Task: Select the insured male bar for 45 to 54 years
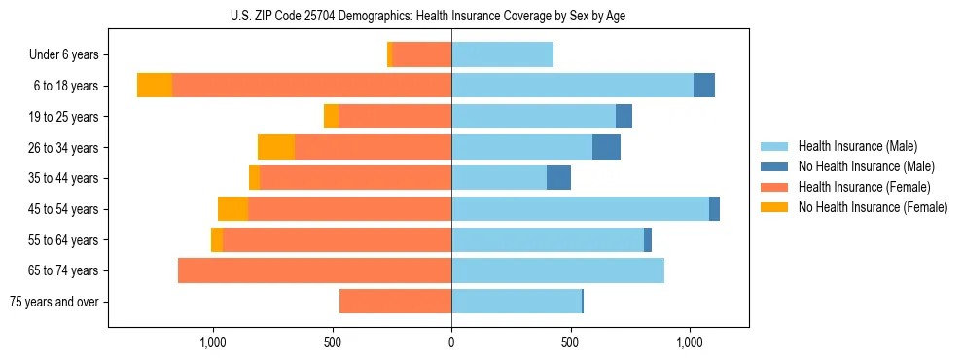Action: pos(580,208)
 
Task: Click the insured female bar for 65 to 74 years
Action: pos(314,270)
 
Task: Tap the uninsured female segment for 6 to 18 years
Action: pos(155,86)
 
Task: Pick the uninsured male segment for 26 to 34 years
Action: pos(606,147)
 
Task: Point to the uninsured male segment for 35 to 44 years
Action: pos(558,178)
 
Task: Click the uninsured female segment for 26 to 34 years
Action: pos(276,147)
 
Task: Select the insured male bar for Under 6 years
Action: pos(502,54)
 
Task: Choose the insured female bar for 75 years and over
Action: pos(395,302)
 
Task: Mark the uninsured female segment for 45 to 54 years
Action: pos(232,208)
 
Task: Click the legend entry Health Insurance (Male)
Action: pos(858,146)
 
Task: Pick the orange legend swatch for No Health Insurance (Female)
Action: pos(774,207)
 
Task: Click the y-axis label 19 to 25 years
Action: pos(63,117)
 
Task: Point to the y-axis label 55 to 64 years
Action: pos(63,240)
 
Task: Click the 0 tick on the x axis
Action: pos(451,342)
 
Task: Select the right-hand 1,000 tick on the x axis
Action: pos(690,342)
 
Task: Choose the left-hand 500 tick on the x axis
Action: pos(332,342)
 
